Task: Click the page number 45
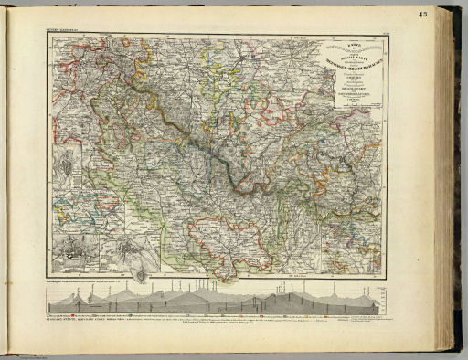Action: tap(449, 13)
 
